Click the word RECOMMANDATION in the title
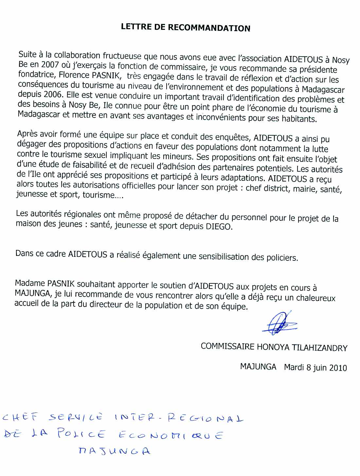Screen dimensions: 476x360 pyautogui.click(x=209, y=28)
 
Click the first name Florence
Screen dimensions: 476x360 pyautogui.click(x=74, y=75)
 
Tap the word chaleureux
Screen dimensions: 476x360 pyautogui.click(x=316, y=298)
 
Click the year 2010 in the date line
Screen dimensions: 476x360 pyautogui.click(x=338, y=368)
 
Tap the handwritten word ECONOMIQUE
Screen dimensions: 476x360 pyautogui.click(x=170, y=435)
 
